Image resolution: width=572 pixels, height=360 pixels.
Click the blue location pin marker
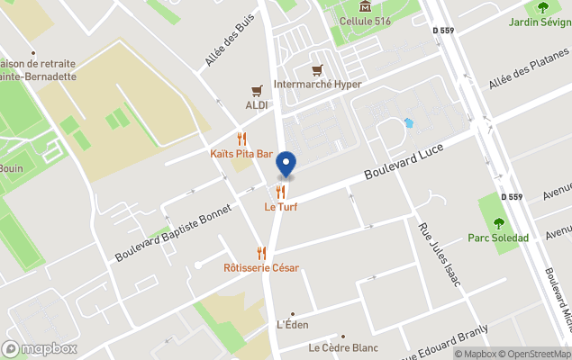[x=286, y=163]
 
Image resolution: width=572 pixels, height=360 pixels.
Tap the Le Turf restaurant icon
[x=281, y=192]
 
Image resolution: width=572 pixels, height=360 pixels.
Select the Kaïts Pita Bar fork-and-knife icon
[x=241, y=139]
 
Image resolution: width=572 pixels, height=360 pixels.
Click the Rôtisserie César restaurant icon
[x=261, y=253]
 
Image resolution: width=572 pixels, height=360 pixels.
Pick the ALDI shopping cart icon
[x=258, y=91]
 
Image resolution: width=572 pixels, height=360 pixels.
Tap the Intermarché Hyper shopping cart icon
[x=316, y=70]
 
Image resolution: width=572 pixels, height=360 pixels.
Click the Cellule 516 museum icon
[x=364, y=5]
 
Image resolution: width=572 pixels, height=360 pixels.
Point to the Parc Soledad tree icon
[x=498, y=223]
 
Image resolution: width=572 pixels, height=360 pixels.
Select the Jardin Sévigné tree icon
[x=542, y=7]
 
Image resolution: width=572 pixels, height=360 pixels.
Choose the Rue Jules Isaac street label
[x=440, y=255]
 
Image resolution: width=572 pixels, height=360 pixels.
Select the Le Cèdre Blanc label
[x=343, y=347]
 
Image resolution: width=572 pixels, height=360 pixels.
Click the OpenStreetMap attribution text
[x=538, y=354]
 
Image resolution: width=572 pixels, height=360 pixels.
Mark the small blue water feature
[x=409, y=122]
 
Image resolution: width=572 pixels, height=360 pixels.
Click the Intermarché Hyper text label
[x=317, y=85]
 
